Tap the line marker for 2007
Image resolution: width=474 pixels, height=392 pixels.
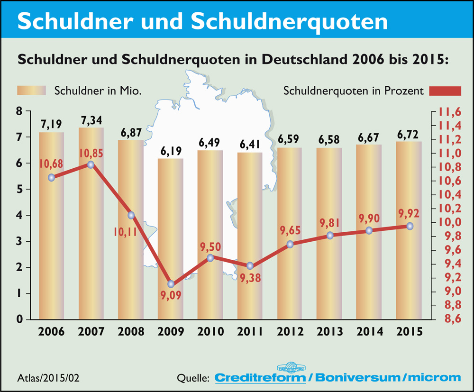tap(91, 164)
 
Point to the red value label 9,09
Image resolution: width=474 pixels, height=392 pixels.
tap(171, 299)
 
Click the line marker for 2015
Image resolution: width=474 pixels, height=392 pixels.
tap(410, 226)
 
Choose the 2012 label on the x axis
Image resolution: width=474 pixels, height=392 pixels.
tap(290, 331)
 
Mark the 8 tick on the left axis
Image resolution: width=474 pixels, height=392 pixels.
tap(19, 111)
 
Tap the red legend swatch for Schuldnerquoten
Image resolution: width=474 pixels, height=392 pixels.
tap(446, 91)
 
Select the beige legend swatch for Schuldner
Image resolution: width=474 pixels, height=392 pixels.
tap(31, 91)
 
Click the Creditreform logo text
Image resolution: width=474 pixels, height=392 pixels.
tap(260, 378)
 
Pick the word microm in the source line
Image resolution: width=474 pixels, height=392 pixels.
tap(433, 378)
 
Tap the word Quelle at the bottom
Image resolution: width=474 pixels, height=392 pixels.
tap(193, 378)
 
